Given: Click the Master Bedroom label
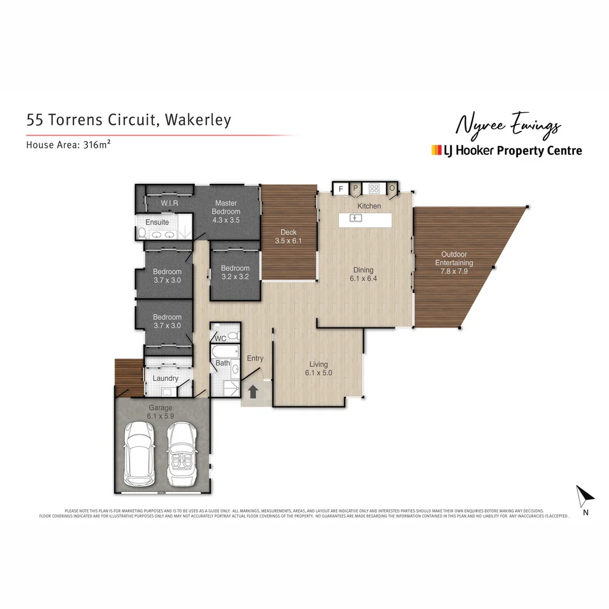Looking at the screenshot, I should (x=226, y=207).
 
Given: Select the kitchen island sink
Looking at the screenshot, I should (x=355, y=218).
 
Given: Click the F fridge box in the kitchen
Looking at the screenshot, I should (x=341, y=188).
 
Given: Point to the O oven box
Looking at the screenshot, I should (x=392, y=188).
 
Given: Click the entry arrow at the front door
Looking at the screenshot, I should (x=253, y=391).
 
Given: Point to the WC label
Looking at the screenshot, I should (x=220, y=338).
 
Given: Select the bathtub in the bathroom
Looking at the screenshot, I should (x=222, y=353).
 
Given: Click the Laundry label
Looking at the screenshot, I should (x=165, y=378).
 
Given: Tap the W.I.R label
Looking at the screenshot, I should (x=170, y=203).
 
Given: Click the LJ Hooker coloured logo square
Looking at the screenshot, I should (x=436, y=150).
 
